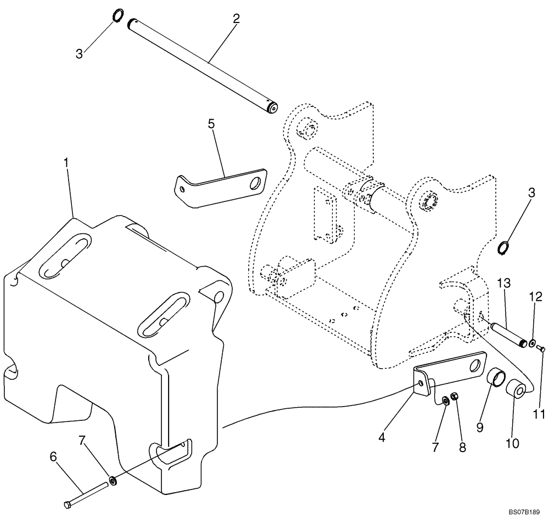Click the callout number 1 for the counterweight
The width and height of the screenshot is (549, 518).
66,163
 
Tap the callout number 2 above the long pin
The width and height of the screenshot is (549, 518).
236,19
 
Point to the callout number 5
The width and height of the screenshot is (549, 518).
212,125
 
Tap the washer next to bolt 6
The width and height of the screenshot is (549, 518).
113,481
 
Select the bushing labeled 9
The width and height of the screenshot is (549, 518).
497,380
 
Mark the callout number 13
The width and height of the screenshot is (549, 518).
504,284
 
